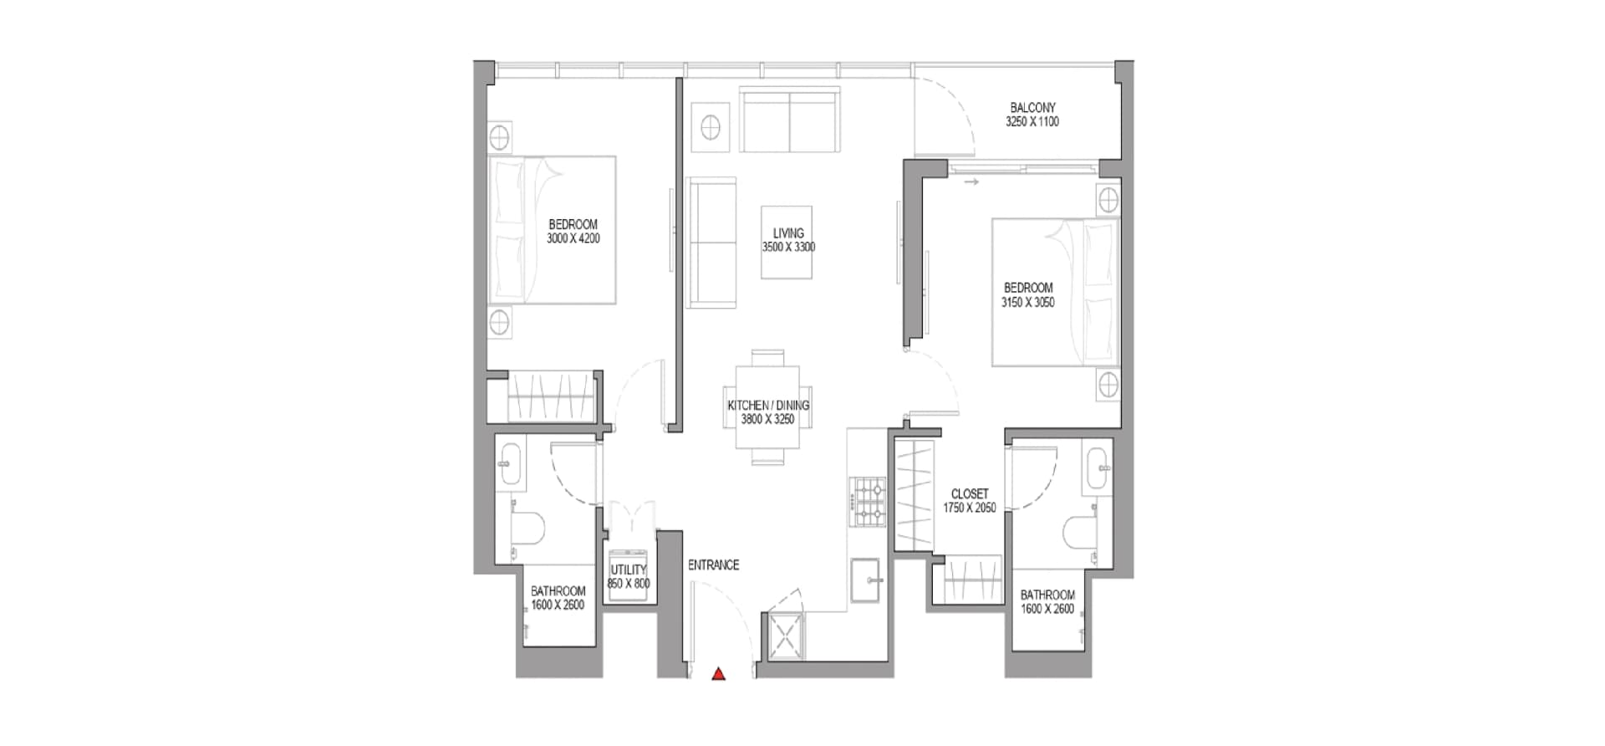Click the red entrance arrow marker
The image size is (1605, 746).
[x=718, y=673]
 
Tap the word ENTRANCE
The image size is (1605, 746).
[x=713, y=565]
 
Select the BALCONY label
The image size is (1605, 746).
[x=1032, y=108]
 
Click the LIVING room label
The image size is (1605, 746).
[x=788, y=233]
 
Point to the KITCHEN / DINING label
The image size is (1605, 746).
[x=768, y=406]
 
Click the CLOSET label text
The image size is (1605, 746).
[x=970, y=494]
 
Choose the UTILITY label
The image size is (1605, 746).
[x=629, y=570]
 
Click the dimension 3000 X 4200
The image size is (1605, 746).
[x=573, y=238]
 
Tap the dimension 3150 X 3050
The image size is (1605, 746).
[x=1028, y=303]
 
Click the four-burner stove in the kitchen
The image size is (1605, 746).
[x=868, y=502]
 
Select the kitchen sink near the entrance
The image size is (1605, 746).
[x=865, y=580]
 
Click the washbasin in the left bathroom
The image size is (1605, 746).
[x=510, y=466]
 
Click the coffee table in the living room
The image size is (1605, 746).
[x=787, y=243]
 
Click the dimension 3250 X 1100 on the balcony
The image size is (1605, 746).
[x=1032, y=122]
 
